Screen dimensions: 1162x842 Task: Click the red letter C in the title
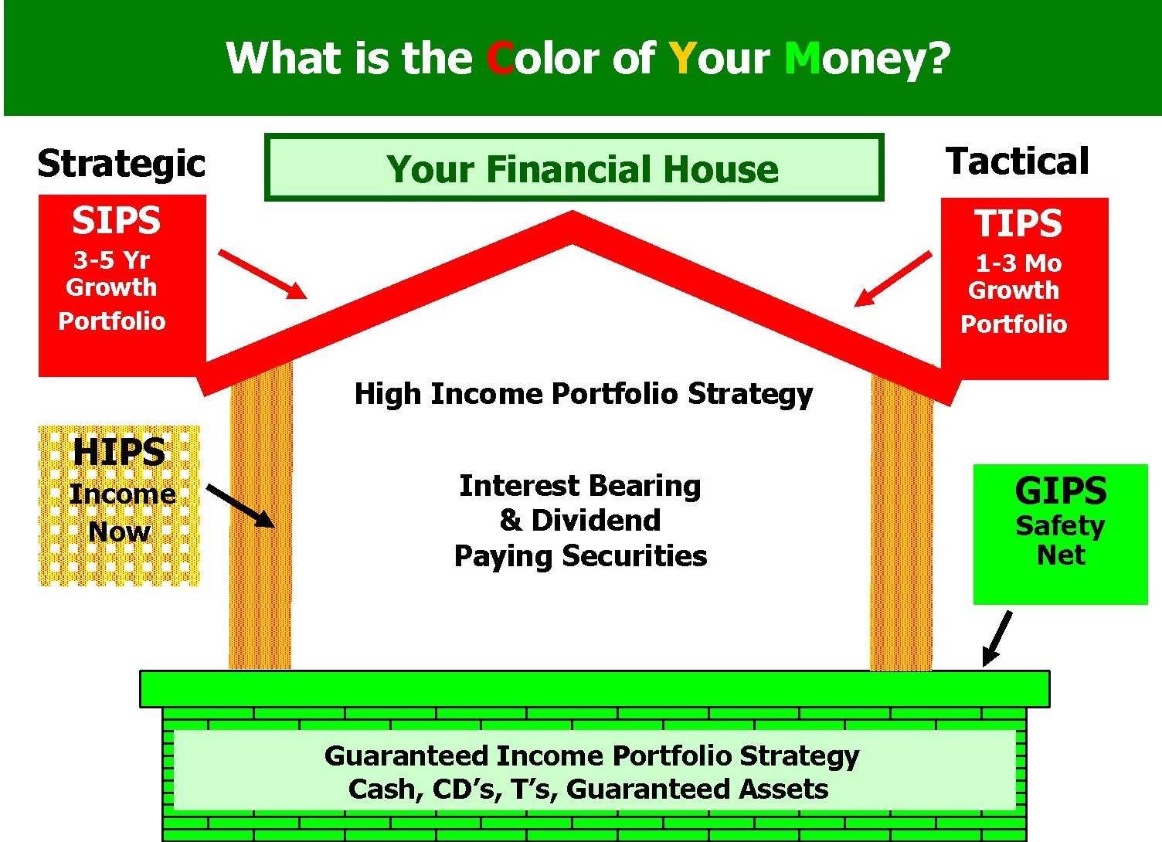click(x=500, y=58)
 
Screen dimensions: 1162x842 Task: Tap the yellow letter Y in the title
click(x=682, y=58)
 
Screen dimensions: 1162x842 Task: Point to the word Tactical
click(x=1017, y=161)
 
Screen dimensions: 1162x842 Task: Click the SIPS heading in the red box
click(x=116, y=220)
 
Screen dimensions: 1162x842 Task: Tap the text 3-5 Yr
click(x=111, y=260)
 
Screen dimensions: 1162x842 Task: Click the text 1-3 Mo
click(x=1018, y=263)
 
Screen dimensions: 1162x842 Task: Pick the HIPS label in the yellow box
click(x=119, y=452)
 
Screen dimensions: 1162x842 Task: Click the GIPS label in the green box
click(x=1061, y=491)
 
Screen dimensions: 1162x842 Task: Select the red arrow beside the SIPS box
click(x=263, y=274)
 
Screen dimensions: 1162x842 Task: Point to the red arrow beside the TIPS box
click(x=893, y=279)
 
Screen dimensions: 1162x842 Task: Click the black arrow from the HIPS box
click(x=240, y=506)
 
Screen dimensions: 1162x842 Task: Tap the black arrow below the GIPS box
click(x=997, y=639)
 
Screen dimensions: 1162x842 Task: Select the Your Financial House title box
click(x=574, y=168)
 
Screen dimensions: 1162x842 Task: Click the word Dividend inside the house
click(x=596, y=520)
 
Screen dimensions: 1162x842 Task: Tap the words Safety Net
click(x=1060, y=540)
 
